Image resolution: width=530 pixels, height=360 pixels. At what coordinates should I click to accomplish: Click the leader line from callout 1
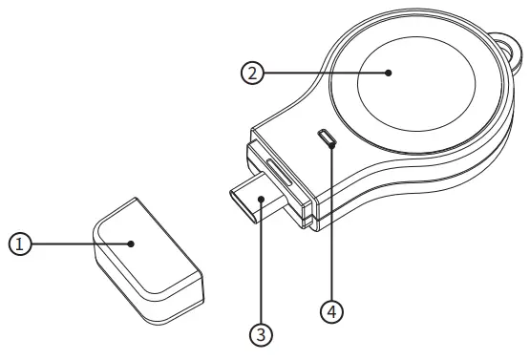pos(76,244)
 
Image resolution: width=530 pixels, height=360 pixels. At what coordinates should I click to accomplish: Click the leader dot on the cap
pos(133,244)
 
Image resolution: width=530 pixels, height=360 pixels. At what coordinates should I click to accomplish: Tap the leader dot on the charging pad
pos(390,74)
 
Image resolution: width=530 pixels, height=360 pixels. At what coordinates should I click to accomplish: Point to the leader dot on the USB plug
pos(260,200)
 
